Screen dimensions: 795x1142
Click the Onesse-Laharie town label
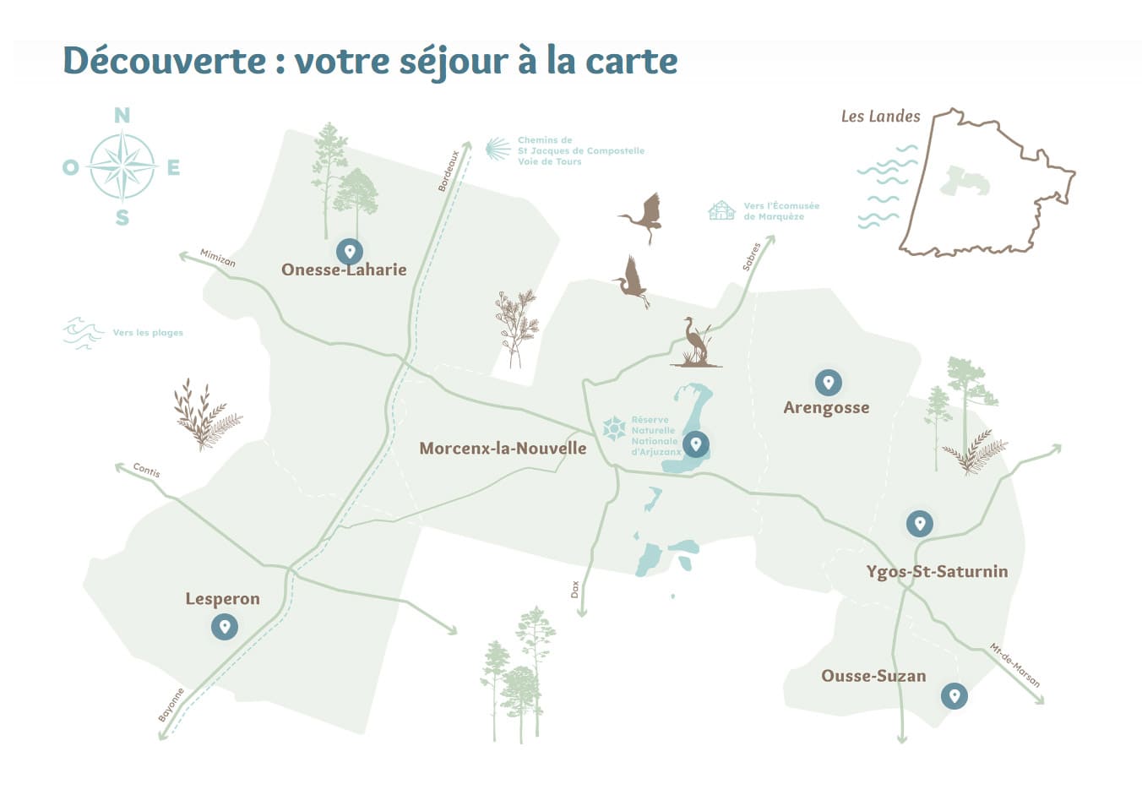pos(344,270)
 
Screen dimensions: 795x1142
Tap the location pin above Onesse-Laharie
pos(349,251)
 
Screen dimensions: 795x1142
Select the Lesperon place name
pos(222,599)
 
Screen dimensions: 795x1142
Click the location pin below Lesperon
pos(224,626)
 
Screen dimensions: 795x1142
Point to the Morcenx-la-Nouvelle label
pos(503,448)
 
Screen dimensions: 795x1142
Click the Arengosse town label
pos(826,407)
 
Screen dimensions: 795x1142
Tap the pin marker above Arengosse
pos(828,382)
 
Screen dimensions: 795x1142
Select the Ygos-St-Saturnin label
pos(937,571)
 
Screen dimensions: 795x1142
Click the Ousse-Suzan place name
pos(873,676)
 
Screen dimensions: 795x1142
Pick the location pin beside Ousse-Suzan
pos(954,695)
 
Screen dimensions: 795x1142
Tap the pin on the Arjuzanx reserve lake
pos(696,444)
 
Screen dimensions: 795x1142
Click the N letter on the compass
pos(122,116)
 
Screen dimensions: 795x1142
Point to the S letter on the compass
pos(122,218)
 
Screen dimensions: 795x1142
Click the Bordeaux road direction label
pos(449,171)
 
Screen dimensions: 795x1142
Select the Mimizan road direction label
pos(218,258)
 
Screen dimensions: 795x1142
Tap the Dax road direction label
pos(575,589)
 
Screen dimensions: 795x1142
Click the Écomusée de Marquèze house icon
pos(721,210)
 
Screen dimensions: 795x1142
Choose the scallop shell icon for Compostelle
pos(498,150)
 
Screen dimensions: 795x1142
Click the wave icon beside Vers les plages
pos(83,333)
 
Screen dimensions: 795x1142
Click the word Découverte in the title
pos(165,61)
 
